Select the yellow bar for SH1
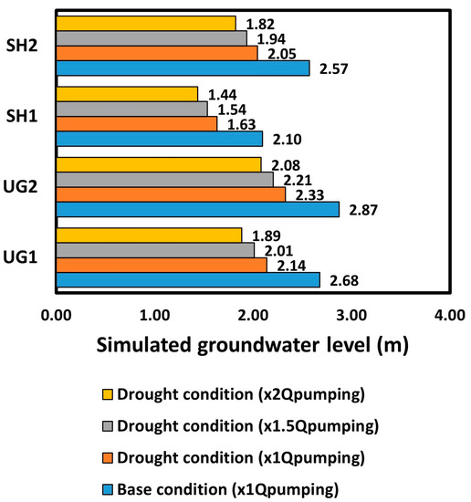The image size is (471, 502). (x=127, y=93)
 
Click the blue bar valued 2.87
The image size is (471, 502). (x=197, y=209)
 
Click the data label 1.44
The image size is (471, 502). (x=223, y=94)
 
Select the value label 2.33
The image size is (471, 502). (x=310, y=194)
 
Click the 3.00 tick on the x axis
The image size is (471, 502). (x=351, y=316)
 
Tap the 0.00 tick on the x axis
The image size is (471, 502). (x=56, y=316)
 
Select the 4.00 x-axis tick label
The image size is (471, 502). (x=450, y=316)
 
